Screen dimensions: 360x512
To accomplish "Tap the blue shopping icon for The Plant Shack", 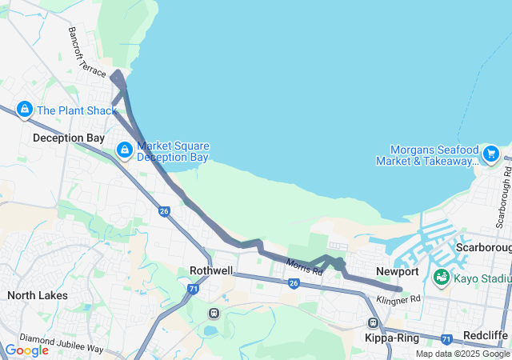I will coord(25,109).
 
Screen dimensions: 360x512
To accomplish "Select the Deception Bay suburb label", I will coord(69,138).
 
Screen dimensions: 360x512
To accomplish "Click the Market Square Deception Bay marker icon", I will coord(125,150).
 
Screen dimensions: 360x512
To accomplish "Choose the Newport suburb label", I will coord(398,272).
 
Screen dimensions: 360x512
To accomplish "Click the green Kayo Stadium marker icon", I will coord(441,277).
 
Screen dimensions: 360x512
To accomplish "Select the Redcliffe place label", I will coord(485,333).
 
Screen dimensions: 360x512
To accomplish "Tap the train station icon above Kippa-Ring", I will coord(373,322).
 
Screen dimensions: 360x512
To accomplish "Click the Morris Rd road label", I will coord(304,267).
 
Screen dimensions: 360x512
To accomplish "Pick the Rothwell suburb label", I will coord(211,270).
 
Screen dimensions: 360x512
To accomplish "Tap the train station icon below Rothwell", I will coord(214,313).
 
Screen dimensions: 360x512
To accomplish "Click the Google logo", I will coord(26,350).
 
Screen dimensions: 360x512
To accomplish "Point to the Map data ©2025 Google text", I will coord(462,354).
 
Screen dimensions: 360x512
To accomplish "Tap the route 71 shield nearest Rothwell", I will coord(194,288).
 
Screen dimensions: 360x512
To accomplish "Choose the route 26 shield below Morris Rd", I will coord(294,283).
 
